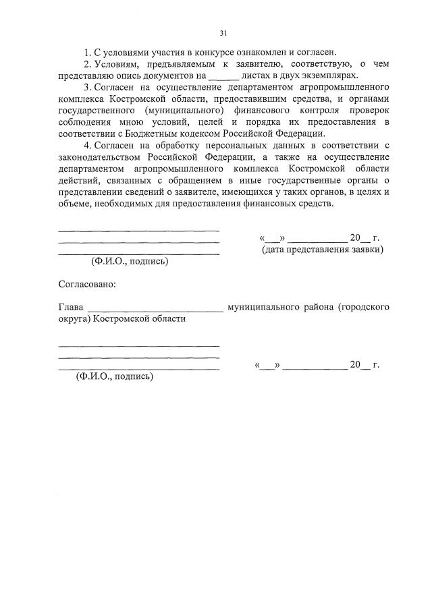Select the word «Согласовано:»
pyautogui.click(x=87, y=284)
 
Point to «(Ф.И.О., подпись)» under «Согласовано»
pyautogui.click(x=115, y=376)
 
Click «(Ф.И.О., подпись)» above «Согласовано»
pyautogui.click(x=130, y=261)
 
